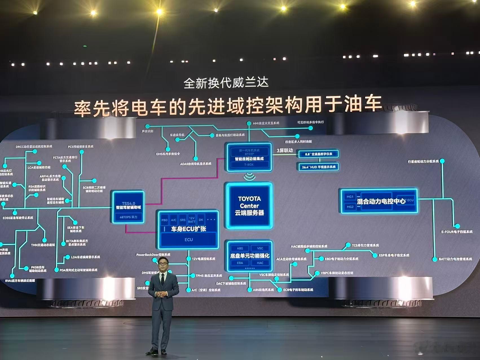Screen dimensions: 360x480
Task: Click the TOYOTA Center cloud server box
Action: pyautogui.click(x=249, y=205)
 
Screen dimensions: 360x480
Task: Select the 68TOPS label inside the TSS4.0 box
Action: pyautogui.click(x=129, y=217)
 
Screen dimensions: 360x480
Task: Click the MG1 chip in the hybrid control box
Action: pyautogui.click(x=350, y=197)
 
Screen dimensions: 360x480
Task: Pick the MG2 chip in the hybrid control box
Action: pyautogui.click(x=350, y=207)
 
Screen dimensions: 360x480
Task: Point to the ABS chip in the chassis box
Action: pyautogui.click(x=240, y=248)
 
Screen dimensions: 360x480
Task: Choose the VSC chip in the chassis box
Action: pyautogui.click(x=260, y=248)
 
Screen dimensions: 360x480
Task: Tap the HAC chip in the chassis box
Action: pyautogui.click(x=260, y=263)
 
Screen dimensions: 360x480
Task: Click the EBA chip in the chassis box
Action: pyautogui.click(x=240, y=263)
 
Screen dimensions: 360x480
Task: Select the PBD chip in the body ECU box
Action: pyautogui.click(x=164, y=220)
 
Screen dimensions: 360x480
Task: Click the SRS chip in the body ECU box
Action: pyautogui.click(x=183, y=220)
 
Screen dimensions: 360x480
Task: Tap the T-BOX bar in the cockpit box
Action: pyautogui.click(x=249, y=164)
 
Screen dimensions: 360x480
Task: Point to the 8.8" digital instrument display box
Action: pyautogui.click(x=318, y=154)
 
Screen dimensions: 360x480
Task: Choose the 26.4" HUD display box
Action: pyautogui.click(x=318, y=167)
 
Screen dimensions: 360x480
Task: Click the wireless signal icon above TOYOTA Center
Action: pyautogui.click(x=249, y=177)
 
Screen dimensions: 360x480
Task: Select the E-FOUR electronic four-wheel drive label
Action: pyautogui.click(x=457, y=232)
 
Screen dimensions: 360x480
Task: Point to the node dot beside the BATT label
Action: pyautogui.click(x=435, y=259)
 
